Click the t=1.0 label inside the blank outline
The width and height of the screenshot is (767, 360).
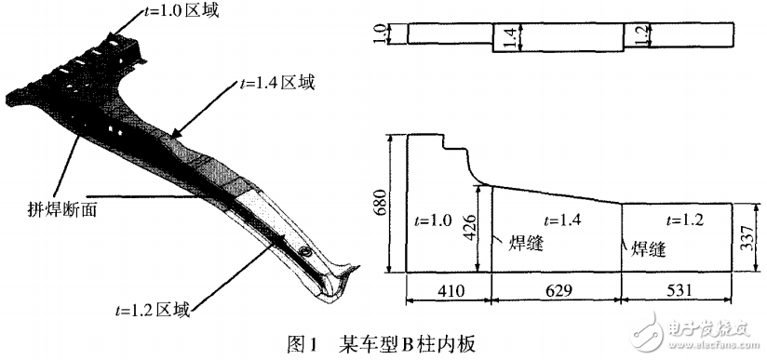point(430,220)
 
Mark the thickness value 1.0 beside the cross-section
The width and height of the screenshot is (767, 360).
point(393,33)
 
